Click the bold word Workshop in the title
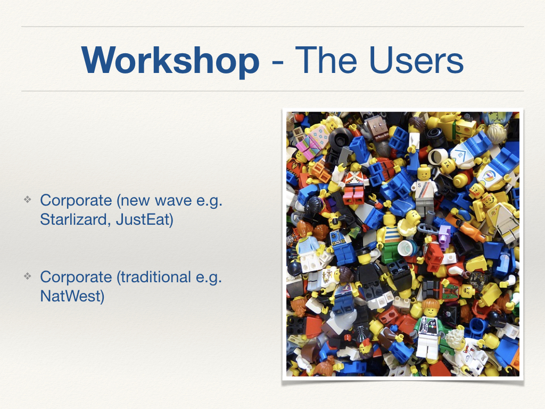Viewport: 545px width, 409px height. (170, 60)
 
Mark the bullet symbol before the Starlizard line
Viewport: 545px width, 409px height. (28, 200)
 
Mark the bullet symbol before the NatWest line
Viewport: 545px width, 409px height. (28, 276)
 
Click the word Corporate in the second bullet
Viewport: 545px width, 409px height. (76, 277)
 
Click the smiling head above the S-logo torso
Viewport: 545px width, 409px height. (423, 172)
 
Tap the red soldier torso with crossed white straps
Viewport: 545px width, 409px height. (354, 181)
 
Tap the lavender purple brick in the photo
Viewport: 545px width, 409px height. (444, 234)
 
